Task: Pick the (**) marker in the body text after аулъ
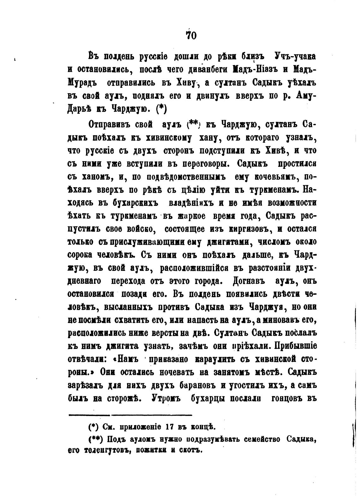coord(193,125)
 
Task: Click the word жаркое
coord(188,216)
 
